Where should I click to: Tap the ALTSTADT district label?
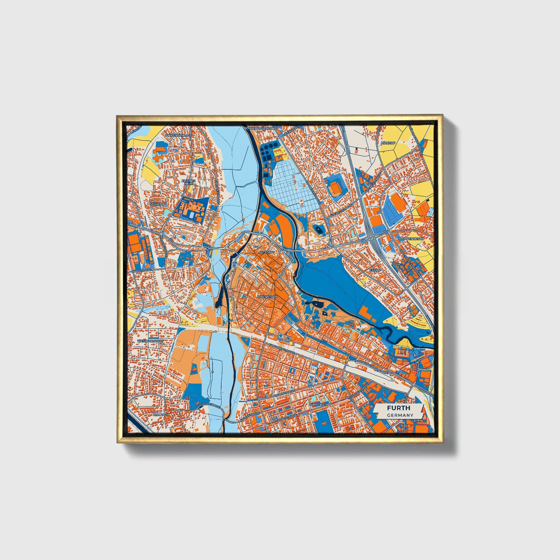(x=267, y=252)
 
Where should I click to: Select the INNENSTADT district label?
(x=267, y=297)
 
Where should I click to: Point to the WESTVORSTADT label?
(x=150, y=341)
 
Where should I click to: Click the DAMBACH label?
(x=161, y=414)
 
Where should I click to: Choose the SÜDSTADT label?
(x=318, y=404)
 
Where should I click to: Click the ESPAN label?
(x=375, y=269)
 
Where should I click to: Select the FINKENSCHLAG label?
(x=177, y=136)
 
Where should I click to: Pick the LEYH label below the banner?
(x=417, y=420)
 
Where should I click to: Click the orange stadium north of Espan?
(x=335, y=188)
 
